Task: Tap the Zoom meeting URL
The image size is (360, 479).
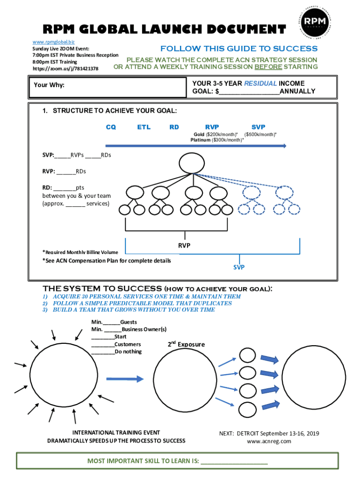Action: (65, 68)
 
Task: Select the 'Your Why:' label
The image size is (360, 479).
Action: (49, 85)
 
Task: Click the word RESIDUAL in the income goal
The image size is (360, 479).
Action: (260, 83)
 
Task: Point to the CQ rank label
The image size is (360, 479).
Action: (111, 127)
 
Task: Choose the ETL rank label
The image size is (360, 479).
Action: (144, 127)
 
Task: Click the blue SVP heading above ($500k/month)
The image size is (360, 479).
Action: (258, 127)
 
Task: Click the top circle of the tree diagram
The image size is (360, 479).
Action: (193, 163)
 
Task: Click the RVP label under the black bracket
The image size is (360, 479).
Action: (184, 245)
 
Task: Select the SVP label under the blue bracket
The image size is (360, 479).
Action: (239, 267)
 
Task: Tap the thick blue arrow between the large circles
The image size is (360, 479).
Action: (124, 379)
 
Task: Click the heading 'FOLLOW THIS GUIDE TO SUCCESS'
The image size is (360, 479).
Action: (238, 49)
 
